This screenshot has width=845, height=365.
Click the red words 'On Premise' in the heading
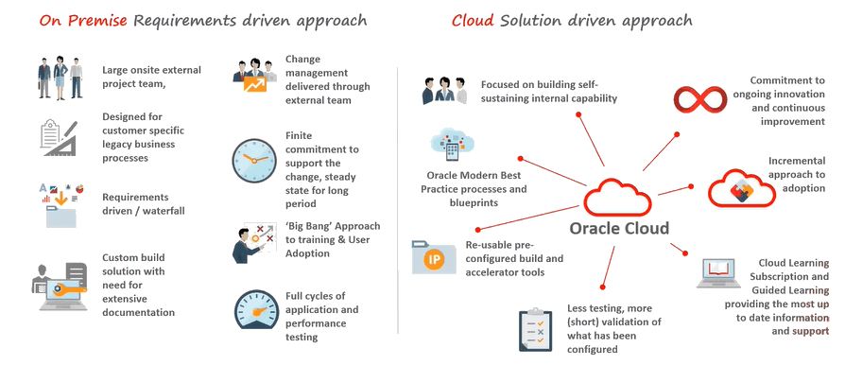click(x=71, y=20)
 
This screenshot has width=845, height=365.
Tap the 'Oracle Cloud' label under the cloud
click(x=619, y=228)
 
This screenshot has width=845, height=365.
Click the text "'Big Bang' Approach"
click(x=333, y=226)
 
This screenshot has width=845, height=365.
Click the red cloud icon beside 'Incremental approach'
click(x=733, y=185)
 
